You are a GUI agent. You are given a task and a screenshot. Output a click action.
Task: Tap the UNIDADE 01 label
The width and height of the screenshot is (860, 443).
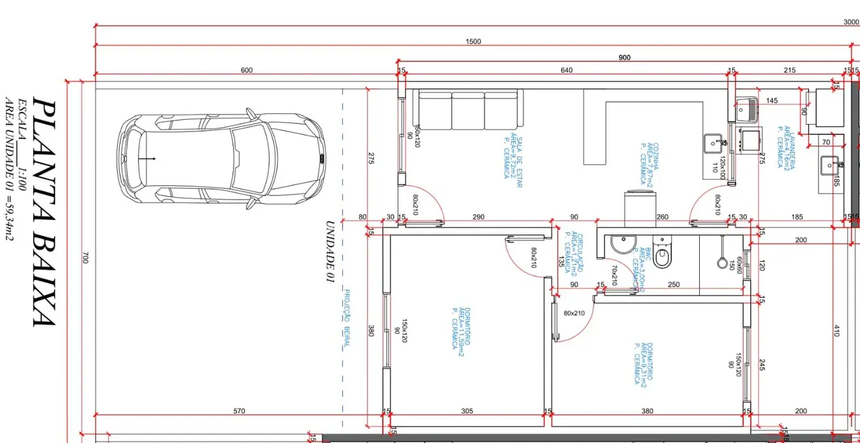tap(330, 251)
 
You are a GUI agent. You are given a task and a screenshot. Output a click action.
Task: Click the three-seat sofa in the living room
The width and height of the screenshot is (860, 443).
tap(470, 110)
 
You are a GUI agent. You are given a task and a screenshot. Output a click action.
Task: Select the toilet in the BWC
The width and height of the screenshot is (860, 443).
tap(662, 254)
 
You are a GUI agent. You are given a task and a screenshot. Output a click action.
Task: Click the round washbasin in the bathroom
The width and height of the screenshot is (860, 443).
tap(621, 244)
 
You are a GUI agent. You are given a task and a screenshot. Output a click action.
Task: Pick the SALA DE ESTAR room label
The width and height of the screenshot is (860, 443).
tap(512, 157)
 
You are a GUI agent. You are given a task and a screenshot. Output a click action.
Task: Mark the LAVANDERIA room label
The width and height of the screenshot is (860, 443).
tap(786, 147)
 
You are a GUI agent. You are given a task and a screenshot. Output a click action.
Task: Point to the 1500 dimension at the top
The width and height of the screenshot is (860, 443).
tap(473, 42)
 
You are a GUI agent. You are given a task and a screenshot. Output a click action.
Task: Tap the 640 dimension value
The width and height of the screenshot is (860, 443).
tap(566, 70)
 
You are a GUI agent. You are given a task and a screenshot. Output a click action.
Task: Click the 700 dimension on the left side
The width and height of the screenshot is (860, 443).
tap(85, 258)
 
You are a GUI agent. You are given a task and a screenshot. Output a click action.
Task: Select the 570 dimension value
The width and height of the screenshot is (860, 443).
tap(239, 411)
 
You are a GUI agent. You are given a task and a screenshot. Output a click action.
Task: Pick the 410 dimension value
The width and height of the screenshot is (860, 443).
tap(837, 331)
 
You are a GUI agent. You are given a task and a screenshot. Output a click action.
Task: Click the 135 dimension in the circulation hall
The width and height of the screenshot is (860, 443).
tap(561, 262)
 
